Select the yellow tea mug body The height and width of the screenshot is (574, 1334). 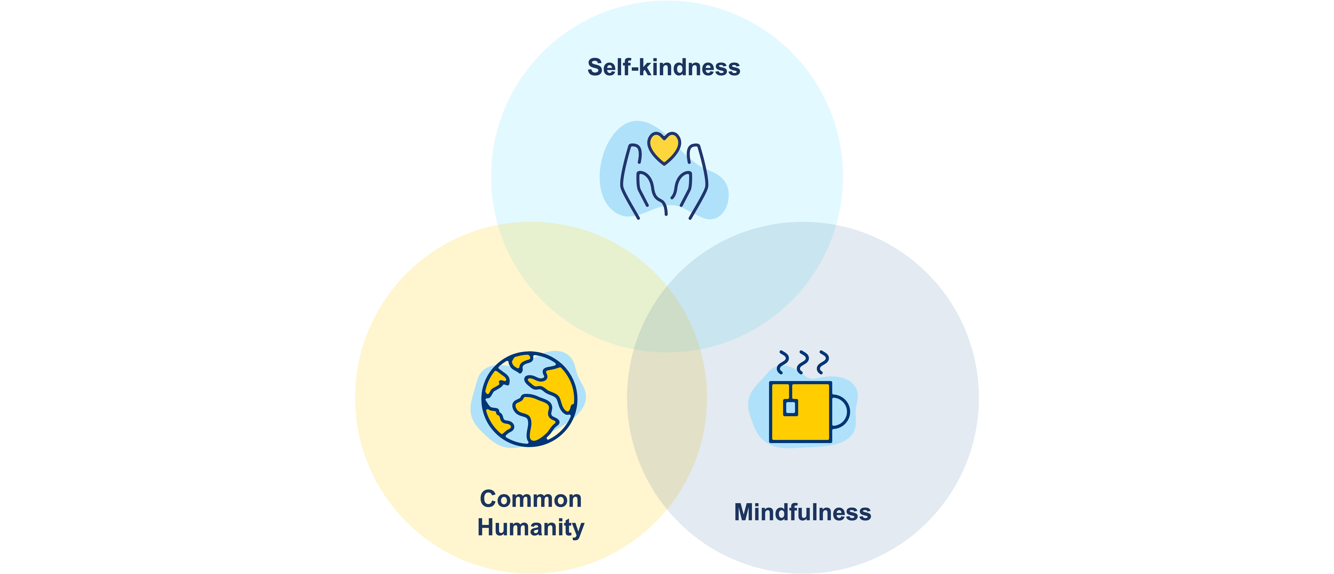[808, 414]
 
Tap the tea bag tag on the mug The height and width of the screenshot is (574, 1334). [790, 407]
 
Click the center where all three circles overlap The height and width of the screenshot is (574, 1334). [667, 324]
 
